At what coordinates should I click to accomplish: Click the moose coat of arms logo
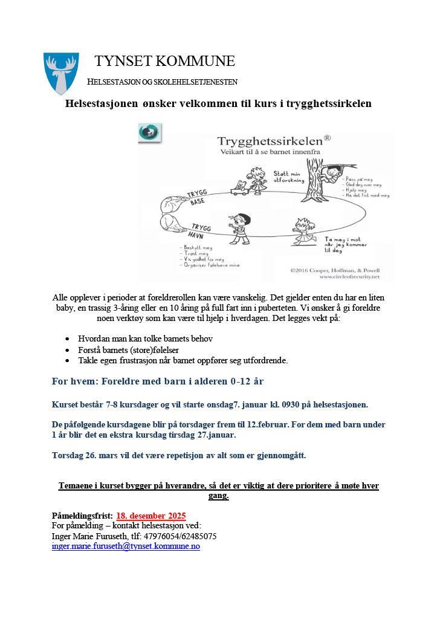coord(61,73)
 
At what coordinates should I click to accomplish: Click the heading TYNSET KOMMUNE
coord(164,61)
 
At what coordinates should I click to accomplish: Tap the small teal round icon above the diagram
coord(149,133)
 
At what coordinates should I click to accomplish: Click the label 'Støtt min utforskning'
coord(286,176)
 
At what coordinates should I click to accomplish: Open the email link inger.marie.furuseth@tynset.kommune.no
coord(126,546)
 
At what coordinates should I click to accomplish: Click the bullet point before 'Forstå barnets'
coord(66,350)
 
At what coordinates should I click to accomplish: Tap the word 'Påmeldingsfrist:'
coord(82,516)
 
